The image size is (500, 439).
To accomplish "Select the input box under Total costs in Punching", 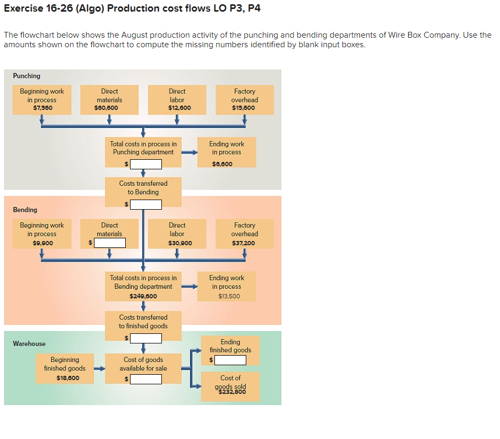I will [146, 164].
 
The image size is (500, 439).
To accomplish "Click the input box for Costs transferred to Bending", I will [146, 204].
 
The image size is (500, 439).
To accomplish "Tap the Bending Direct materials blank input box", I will [110, 243].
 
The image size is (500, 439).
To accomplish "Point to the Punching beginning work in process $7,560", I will [42, 108].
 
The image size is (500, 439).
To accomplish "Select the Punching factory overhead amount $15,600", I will [244, 108].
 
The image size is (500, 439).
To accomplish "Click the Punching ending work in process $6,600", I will [222, 164].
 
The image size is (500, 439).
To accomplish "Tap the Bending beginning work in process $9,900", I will [42, 243].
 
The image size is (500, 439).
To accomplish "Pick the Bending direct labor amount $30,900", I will [180, 243].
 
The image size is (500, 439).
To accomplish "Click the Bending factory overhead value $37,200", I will [244, 243].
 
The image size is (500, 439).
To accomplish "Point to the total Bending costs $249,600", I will [143, 296].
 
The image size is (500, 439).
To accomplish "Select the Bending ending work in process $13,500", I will [229, 296].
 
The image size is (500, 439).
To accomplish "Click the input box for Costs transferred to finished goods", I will [146, 338].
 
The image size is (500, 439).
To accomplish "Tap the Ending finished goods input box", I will [230, 360].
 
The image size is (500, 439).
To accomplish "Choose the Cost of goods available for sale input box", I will [146, 379].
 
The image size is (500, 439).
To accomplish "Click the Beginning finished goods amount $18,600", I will [67, 378].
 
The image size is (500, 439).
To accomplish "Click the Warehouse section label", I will [29, 343].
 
